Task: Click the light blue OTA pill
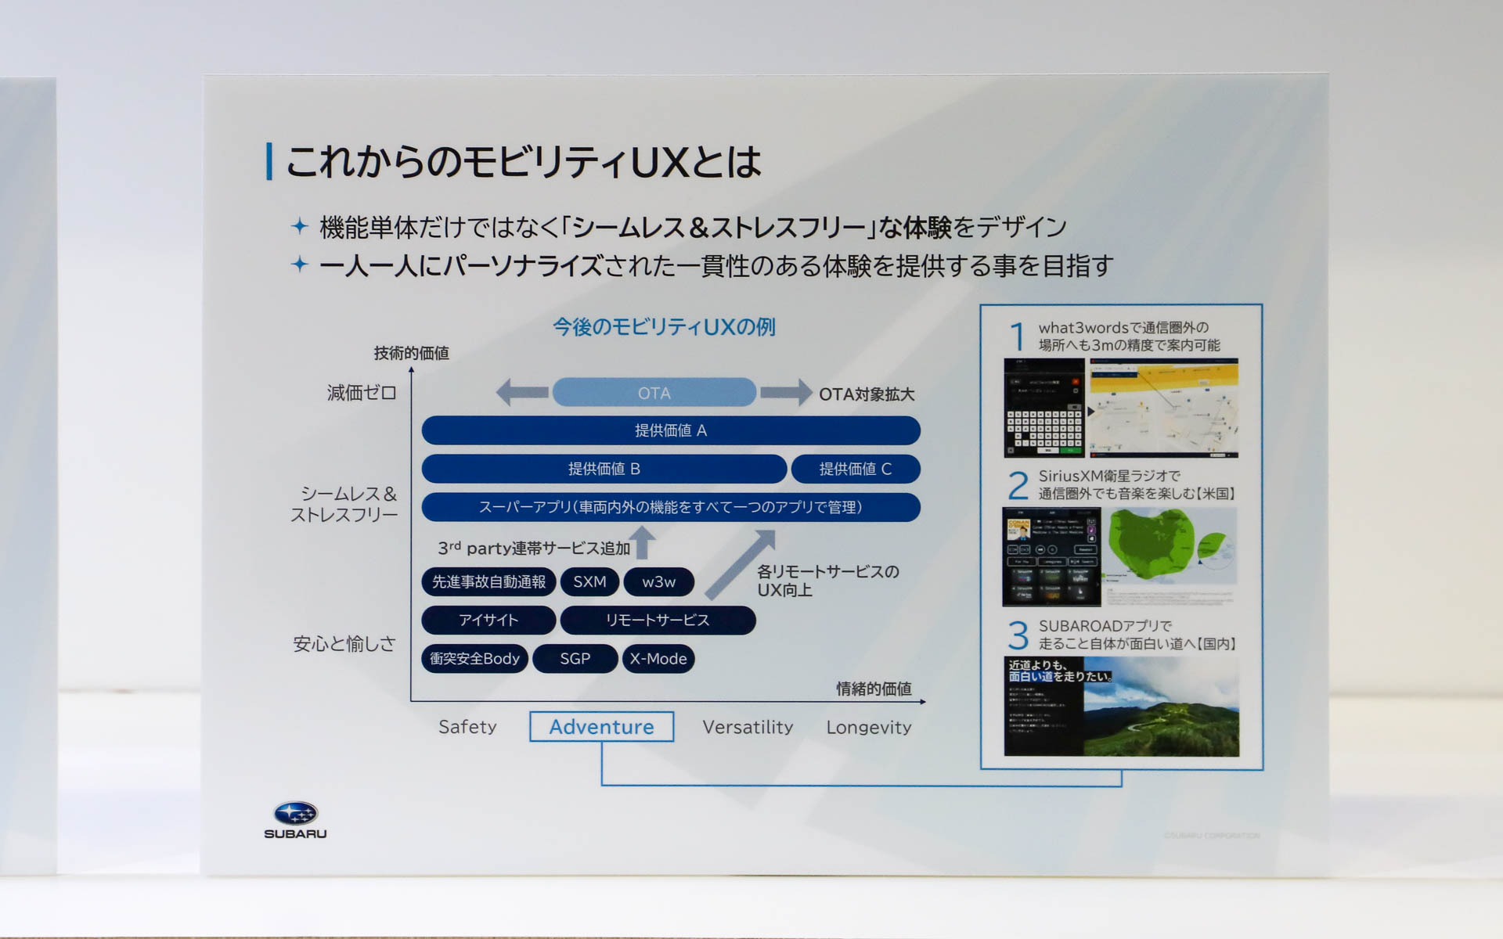[654, 393]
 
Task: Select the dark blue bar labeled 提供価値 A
[670, 430]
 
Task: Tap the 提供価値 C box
[855, 469]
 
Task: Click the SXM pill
[589, 581]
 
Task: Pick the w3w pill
[658, 581]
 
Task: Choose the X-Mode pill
[658, 659]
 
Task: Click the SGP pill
[575, 659]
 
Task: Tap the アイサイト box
[488, 620]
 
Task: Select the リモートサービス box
[658, 620]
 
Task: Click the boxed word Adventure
[601, 726]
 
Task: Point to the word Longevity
[868, 727]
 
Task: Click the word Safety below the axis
[467, 727]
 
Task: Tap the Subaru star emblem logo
[295, 814]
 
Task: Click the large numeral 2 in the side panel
[1018, 485]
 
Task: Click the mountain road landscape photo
[1161, 708]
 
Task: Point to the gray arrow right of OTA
[785, 392]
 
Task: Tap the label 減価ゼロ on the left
[362, 393]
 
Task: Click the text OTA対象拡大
[867, 394]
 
